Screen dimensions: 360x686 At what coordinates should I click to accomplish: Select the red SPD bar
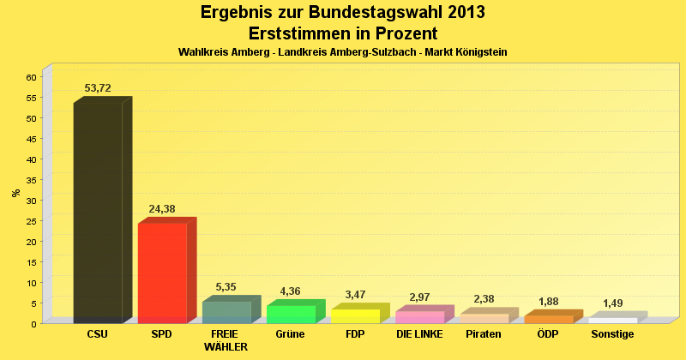162,273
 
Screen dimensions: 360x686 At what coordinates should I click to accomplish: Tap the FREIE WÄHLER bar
226,312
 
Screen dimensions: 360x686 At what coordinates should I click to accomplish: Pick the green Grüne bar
291,314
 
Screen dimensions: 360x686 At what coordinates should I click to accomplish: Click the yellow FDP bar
355,315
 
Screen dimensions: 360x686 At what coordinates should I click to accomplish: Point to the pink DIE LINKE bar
419,317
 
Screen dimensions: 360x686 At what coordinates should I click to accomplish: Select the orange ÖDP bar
548,319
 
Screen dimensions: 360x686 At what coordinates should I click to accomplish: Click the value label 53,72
98,88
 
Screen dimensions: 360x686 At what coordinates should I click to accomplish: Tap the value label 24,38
162,209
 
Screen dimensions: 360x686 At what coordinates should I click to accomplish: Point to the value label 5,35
226,287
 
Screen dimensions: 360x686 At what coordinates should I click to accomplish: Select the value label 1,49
612,303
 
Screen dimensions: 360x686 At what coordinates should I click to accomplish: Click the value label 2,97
419,297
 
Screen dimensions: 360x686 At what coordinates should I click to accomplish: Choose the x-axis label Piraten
484,334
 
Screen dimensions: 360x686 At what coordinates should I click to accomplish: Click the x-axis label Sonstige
612,334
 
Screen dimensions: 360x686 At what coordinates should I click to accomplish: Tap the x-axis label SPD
162,334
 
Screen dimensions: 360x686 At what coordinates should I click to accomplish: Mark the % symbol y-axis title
16,192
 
